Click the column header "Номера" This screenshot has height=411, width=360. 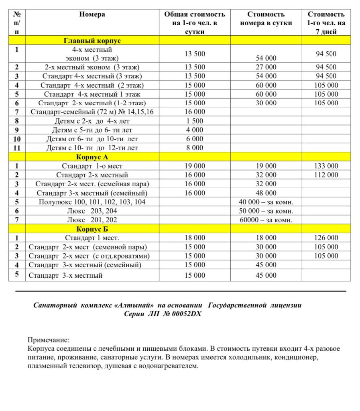pos(92,14)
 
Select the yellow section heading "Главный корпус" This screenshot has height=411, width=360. pos(92,41)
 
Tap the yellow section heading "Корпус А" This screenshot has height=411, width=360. pos(92,157)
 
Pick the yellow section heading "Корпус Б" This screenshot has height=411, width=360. pos(92,229)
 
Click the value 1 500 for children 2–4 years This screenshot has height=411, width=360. pos(195,121)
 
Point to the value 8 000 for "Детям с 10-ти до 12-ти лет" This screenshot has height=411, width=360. pos(195,148)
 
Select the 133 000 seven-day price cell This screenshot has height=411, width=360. pos(326,166)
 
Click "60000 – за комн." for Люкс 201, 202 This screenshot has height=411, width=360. pos(266,220)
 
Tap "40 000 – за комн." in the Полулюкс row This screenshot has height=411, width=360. pos(266,202)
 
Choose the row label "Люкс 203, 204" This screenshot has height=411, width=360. pos(92,211)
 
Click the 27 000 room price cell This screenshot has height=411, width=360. pos(266,67)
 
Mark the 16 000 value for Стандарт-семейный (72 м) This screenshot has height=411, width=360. pos(195,112)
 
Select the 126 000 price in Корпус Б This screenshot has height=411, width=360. pos(326,238)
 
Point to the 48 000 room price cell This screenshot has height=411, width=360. pos(266,193)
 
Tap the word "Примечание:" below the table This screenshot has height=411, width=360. pos(49,340)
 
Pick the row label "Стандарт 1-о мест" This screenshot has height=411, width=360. pos(92,166)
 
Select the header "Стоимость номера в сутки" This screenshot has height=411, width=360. pos(266,19)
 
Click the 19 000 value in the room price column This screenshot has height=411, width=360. pos(266,166)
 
